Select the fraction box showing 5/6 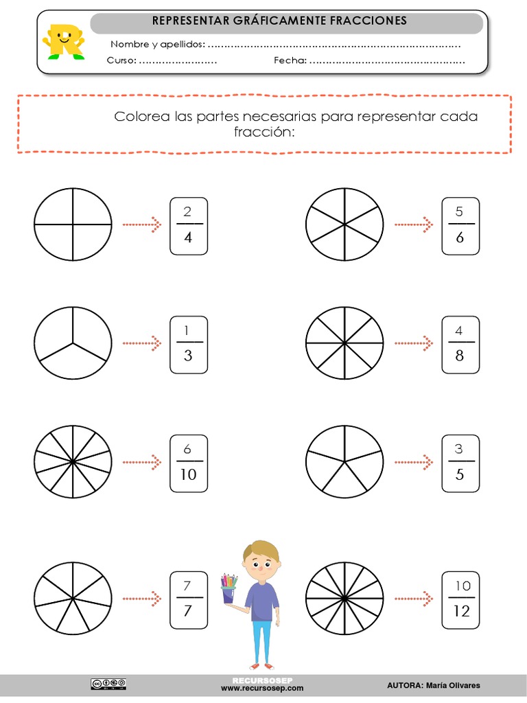pyautogui.click(x=460, y=226)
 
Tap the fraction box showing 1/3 pyautogui.click(x=188, y=345)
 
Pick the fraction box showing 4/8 pyautogui.click(x=460, y=345)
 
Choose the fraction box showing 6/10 pyautogui.click(x=188, y=463)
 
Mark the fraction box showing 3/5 pyautogui.click(x=460, y=463)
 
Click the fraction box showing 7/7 pyautogui.click(x=188, y=599)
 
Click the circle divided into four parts pyautogui.click(x=73, y=224)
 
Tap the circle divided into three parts pyautogui.click(x=73, y=343)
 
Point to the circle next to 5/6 pyautogui.click(x=344, y=224)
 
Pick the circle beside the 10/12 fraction pyautogui.click(x=344, y=597)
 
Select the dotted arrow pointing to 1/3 pyautogui.click(x=141, y=343)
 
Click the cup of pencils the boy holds pyautogui.click(x=229, y=589)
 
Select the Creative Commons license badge pyautogui.click(x=108, y=683)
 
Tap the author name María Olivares pyautogui.click(x=454, y=685)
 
